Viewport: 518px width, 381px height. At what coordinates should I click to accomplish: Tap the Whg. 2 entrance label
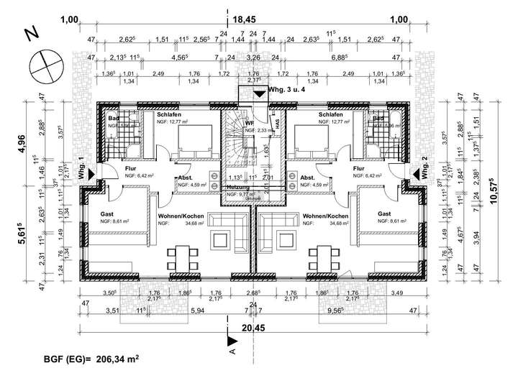426,167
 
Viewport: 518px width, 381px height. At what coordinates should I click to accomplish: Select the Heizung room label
238,186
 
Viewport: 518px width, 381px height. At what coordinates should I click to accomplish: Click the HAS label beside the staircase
276,124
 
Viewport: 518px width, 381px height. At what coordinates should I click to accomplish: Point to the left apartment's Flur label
131,168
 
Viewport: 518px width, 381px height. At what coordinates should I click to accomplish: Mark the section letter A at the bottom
232,352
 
